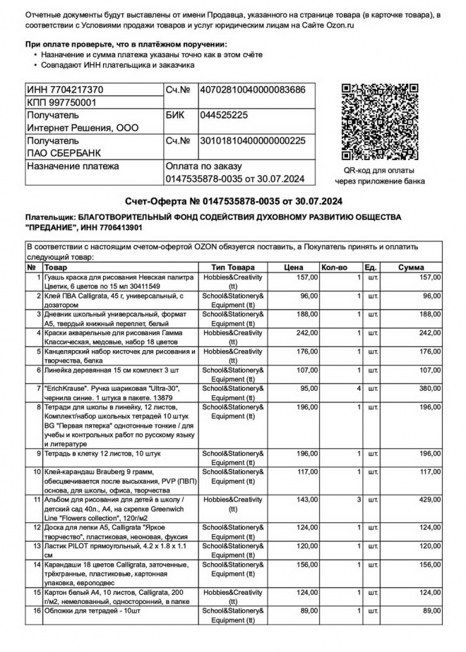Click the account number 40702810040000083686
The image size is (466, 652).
point(253,90)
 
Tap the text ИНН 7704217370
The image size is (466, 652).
point(65,90)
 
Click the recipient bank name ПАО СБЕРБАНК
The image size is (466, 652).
point(64,153)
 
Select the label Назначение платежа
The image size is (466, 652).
point(73,167)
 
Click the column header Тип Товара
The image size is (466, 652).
point(233,267)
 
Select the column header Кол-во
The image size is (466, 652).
point(335,267)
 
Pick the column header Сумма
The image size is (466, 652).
point(411,267)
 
